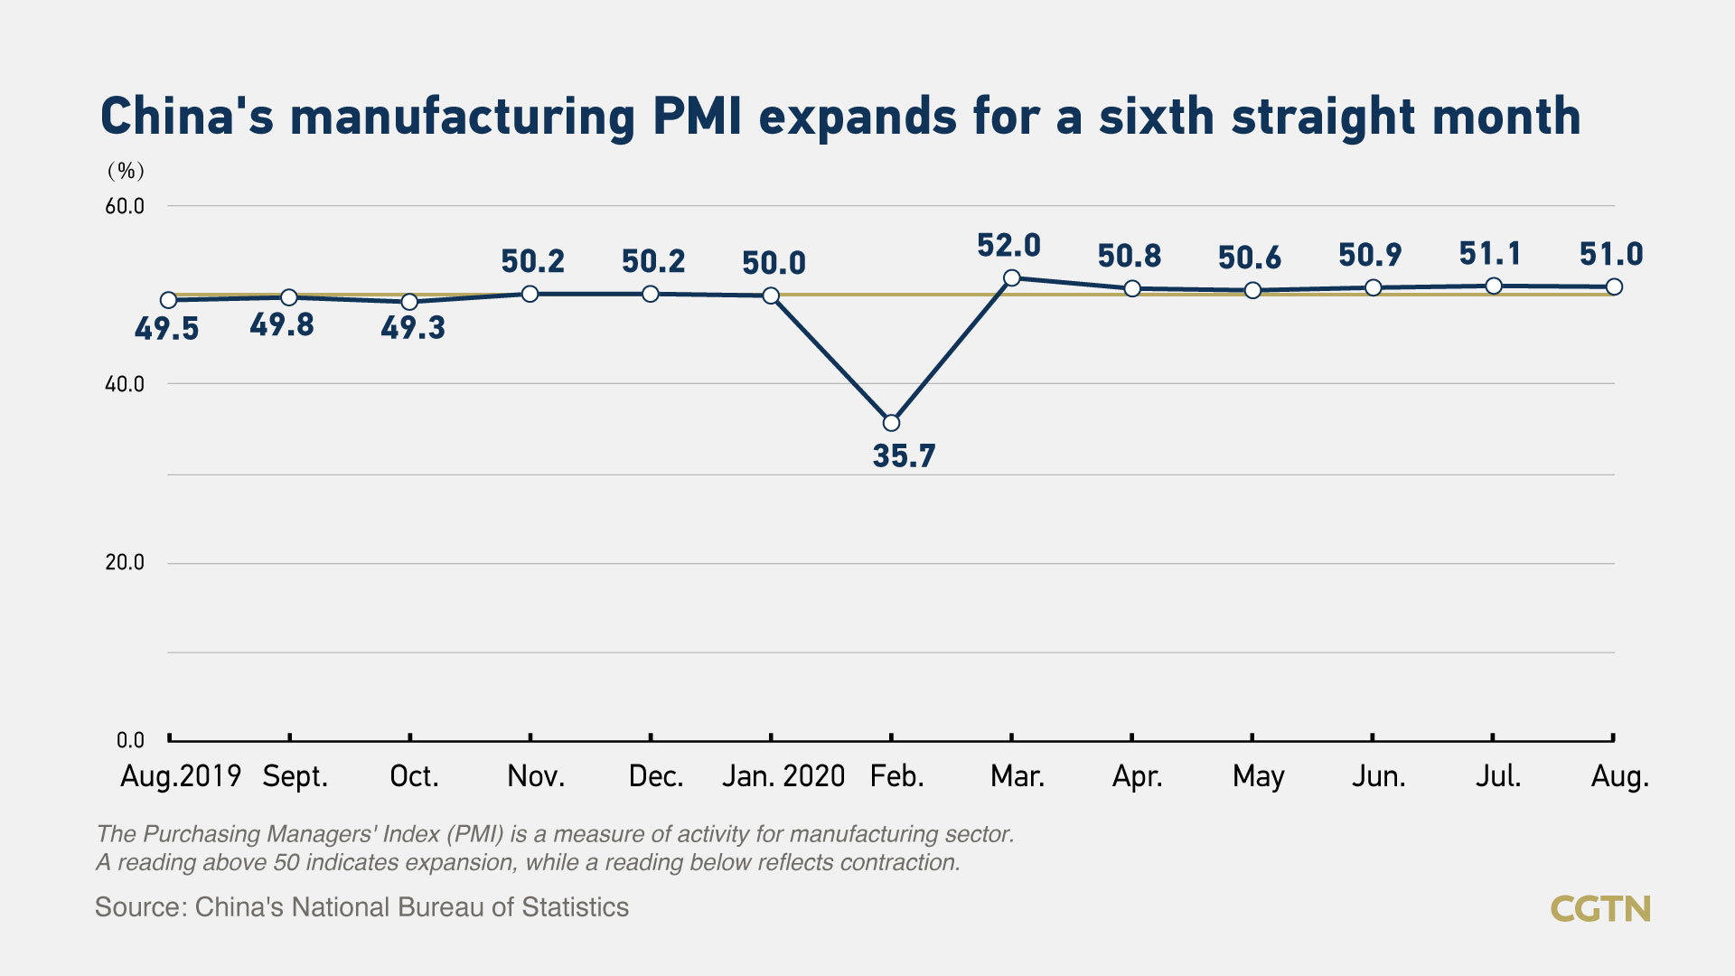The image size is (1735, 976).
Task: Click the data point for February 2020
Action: point(891,423)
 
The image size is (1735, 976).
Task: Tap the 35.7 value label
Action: point(904,456)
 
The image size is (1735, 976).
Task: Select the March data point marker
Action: point(1012,278)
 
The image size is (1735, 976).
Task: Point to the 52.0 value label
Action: point(1008,246)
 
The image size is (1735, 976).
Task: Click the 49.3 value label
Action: point(413,328)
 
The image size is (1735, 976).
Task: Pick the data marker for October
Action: point(409,302)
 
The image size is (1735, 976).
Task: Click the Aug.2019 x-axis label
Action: point(181,776)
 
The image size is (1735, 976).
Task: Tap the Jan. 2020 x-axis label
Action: point(783,776)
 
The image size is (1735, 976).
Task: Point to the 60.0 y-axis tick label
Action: point(125,206)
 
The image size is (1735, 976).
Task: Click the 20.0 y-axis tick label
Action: point(125,562)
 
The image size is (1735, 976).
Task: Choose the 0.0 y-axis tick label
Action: point(130,740)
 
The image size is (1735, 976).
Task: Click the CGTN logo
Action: point(1600,908)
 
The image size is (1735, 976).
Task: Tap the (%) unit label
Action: point(126,171)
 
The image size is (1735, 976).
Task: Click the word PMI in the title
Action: point(698,117)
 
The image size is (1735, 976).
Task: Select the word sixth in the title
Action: point(1156,117)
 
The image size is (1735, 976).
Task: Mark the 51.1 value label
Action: point(1490,254)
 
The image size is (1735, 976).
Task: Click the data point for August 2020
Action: point(1614,287)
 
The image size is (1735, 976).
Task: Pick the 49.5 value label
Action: point(166,329)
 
